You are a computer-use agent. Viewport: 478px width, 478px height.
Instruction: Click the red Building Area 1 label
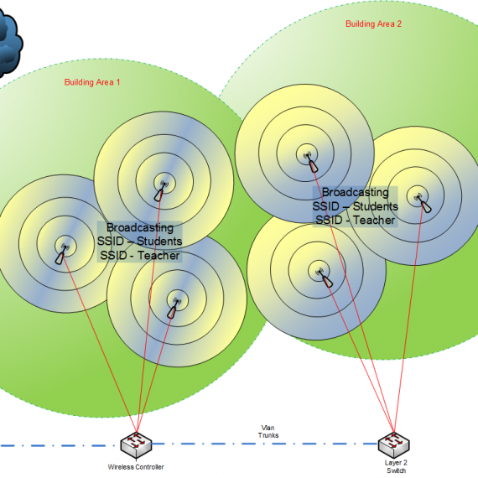coord(92,82)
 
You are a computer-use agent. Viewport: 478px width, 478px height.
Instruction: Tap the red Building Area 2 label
coord(373,23)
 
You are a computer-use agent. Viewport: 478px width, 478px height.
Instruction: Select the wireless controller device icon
coord(136,445)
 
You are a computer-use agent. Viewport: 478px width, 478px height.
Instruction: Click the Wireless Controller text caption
coord(136,467)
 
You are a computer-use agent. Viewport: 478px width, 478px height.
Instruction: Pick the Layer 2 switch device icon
coord(393,445)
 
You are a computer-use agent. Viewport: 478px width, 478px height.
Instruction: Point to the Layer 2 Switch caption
coord(396,466)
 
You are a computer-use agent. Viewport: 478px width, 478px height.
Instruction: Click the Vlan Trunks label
coord(268,431)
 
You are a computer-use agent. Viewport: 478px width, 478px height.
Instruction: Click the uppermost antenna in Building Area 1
coord(161,191)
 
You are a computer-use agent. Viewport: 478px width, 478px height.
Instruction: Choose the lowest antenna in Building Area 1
coord(174,308)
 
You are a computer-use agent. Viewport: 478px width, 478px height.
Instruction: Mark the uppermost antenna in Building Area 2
coord(312,162)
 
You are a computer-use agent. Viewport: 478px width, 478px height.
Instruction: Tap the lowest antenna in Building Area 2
coord(325,278)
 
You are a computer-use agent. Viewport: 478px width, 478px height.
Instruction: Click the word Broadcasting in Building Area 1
coord(140,227)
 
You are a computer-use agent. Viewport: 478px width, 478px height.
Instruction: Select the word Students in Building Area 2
coord(375,206)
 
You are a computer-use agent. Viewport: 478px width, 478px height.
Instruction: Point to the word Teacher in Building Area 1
coord(158,256)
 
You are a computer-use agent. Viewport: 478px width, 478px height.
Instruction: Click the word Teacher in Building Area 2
coord(374,220)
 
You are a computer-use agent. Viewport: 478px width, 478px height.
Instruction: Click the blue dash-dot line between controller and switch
coord(265,444)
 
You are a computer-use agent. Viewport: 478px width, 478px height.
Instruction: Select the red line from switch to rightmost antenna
coord(408,319)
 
